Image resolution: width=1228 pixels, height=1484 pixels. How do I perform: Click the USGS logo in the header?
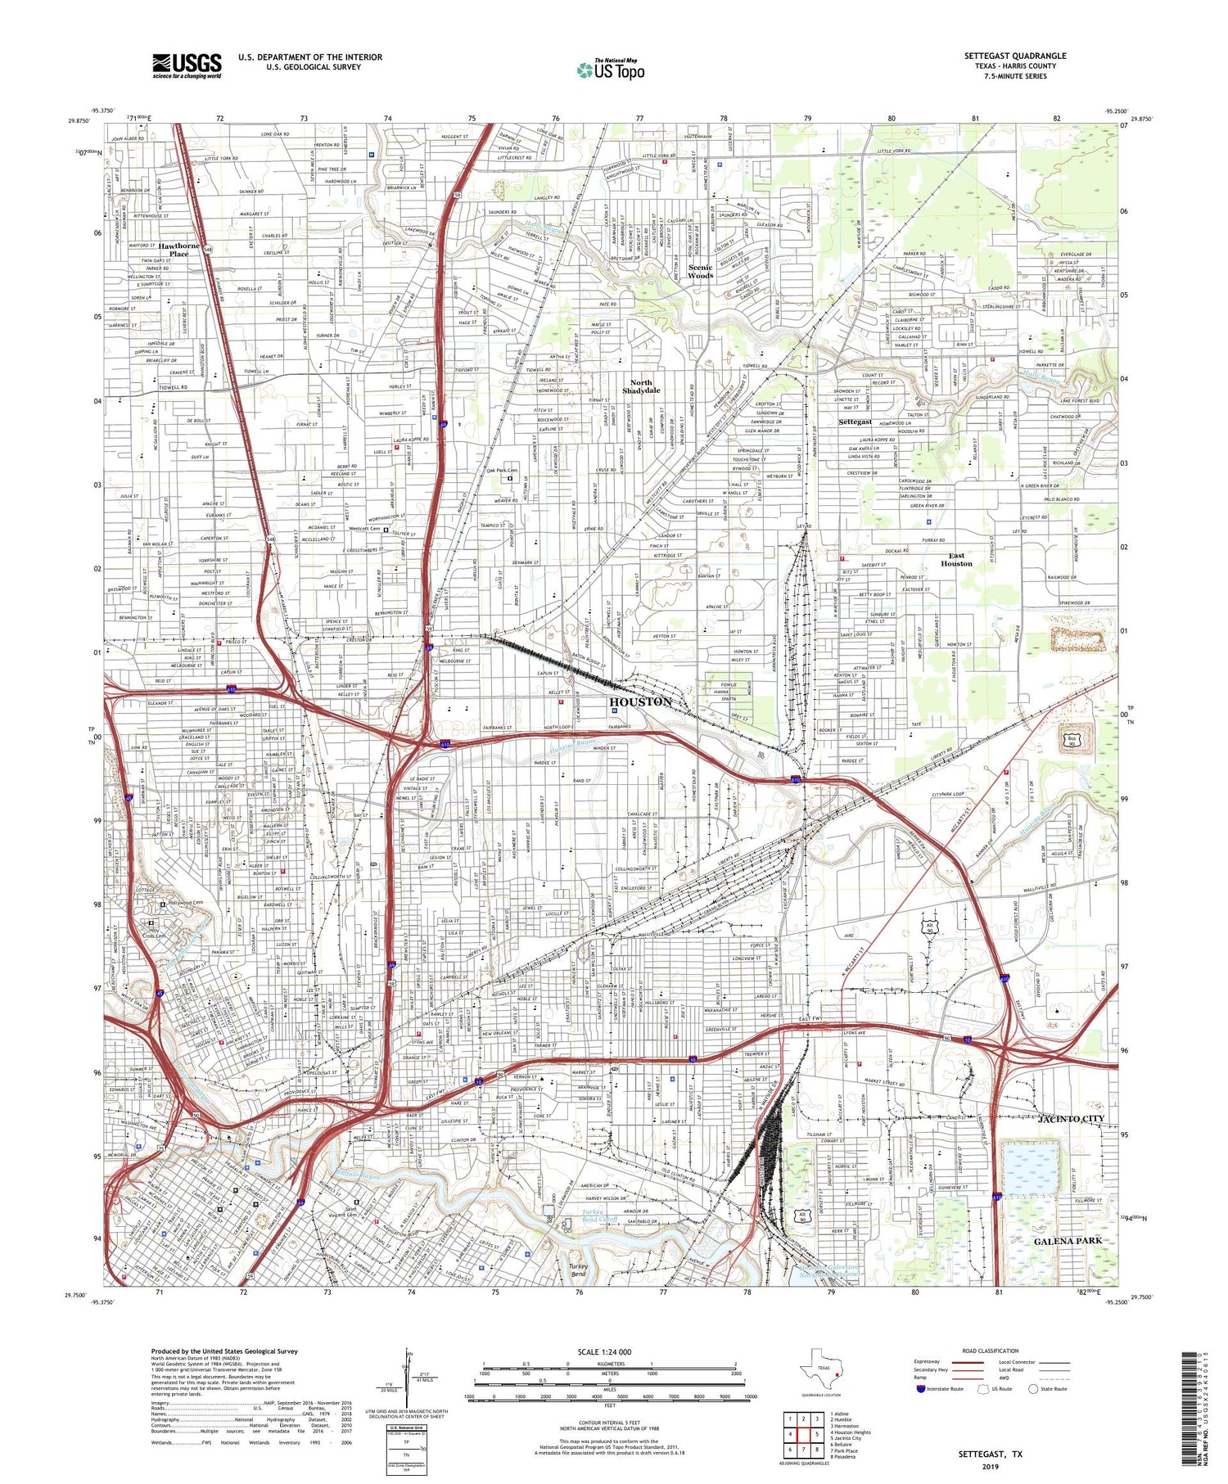point(187,65)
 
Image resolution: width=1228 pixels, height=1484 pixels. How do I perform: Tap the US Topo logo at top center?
point(610,70)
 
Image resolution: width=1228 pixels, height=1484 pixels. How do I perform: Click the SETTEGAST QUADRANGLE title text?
point(1014,56)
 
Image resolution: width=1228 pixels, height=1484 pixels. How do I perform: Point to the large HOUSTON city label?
point(640,701)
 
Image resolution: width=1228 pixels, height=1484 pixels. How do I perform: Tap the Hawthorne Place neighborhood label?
point(178,250)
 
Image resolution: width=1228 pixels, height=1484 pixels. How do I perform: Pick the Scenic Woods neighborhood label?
point(700,272)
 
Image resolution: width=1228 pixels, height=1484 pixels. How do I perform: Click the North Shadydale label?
point(640,387)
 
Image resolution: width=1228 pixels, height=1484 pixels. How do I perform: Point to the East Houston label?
point(956,560)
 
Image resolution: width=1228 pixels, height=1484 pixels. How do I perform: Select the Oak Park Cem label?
point(502,471)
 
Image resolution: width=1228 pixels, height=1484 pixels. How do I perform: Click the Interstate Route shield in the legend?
point(921,1389)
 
